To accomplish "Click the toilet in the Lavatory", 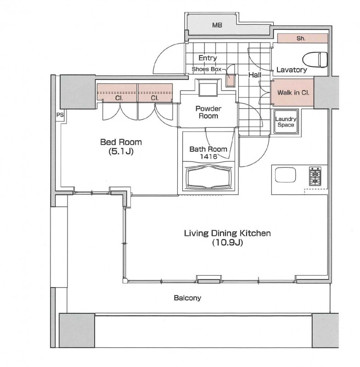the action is click(315, 60).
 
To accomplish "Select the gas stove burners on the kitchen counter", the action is click(315, 176).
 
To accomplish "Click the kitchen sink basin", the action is click(285, 175).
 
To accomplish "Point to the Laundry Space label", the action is click(286, 122).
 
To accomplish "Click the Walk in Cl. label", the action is click(293, 93).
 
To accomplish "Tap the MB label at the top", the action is click(217, 25).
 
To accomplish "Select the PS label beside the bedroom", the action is click(60, 115).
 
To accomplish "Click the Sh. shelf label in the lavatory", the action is click(301, 39).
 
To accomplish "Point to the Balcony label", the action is click(187, 298).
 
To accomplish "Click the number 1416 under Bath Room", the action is click(208, 156).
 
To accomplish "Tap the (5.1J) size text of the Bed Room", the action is click(121, 151).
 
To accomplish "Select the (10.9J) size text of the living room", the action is click(227, 243).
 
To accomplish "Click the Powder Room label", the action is click(208, 112).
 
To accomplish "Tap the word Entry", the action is click(208, 58).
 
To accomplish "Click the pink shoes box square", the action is click(230, 81).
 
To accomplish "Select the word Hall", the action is click(255, 75).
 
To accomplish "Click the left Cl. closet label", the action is click(119, 98).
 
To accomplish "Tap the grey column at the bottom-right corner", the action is click(326, 330).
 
